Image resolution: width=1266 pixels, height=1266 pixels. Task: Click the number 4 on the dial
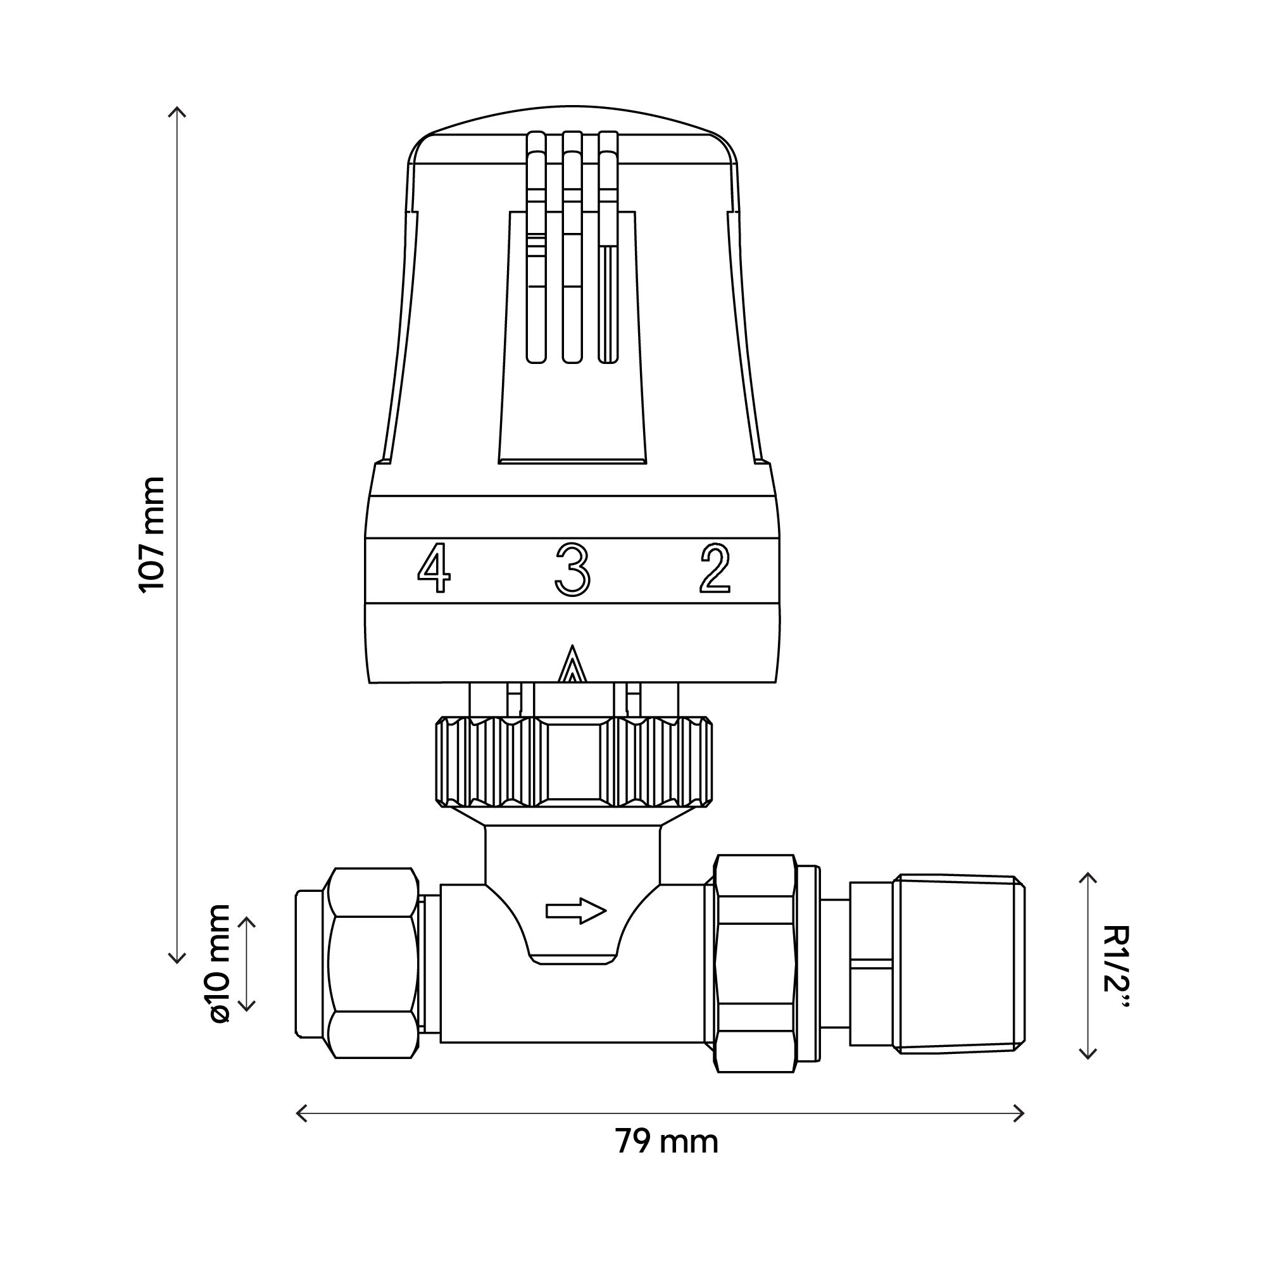tap(434, 570)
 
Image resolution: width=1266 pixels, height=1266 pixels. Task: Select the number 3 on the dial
tap(572, 570)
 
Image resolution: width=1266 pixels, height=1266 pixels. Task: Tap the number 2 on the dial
tap(715, 569)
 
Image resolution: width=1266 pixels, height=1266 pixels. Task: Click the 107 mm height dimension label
tap(152, 534)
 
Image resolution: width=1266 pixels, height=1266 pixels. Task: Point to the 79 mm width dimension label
tap(667, 1142)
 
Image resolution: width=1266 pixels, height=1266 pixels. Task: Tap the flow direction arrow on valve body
tap(576, 911)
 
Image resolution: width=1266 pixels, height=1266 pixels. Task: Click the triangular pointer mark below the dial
tap(573, 665)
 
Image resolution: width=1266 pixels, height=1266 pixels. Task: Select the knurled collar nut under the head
tap(573, 761)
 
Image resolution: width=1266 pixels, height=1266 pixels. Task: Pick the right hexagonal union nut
tap(755, 963)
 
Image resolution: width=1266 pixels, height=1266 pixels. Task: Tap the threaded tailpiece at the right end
tap(960, 964)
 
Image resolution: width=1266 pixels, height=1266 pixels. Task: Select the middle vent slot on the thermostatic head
tap(572, 249)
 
